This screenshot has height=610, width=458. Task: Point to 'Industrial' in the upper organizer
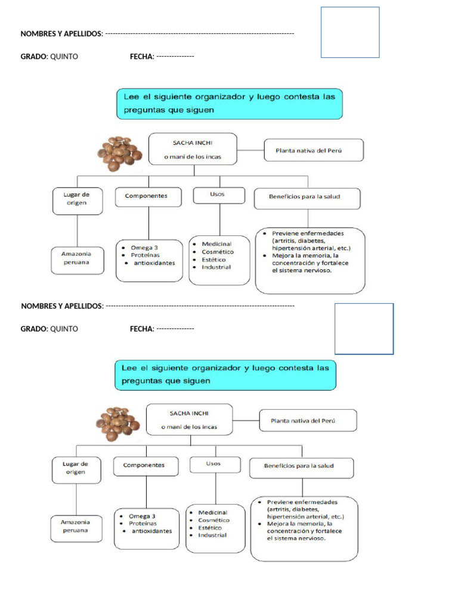216,267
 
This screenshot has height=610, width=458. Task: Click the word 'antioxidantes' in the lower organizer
151,531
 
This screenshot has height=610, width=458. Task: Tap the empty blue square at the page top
350,32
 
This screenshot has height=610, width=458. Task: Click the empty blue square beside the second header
364,328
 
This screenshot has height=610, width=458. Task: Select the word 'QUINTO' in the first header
64,57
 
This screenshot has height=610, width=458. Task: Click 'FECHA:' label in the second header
142,329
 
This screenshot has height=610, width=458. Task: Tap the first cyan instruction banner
229,104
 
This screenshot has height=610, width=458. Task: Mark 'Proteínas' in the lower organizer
143,523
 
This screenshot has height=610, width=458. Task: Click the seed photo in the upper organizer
119,154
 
